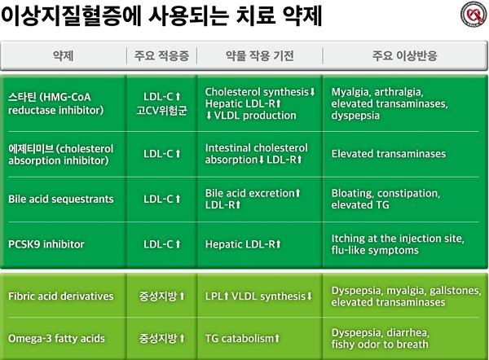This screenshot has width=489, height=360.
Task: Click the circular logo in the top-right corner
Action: point(474,15)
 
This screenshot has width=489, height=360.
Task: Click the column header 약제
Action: point(64,56)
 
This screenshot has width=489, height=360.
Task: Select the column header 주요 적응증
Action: point(161,56)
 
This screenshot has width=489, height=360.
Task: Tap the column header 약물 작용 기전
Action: point(260,56)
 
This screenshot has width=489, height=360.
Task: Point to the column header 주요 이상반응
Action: point(404,56)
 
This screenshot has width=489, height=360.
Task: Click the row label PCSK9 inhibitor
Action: point(46,244)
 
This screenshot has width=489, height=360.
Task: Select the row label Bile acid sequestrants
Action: point(61,200)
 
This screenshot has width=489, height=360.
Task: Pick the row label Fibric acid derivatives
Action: point(61,296)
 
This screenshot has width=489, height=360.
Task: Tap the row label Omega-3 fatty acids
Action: point(56,339)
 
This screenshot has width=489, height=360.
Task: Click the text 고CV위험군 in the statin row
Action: point(161,110)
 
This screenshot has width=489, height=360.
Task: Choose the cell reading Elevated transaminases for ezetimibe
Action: point(389,154)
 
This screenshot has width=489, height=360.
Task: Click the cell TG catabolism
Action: point(242,339)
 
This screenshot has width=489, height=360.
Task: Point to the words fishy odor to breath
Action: point(380,345)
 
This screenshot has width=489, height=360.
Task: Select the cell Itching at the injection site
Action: point(398,239)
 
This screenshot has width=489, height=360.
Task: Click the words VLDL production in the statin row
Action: point(255,116)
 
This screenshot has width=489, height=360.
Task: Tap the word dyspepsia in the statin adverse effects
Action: point(355,116)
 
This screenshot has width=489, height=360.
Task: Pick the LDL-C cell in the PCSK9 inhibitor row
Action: point(162,244)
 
